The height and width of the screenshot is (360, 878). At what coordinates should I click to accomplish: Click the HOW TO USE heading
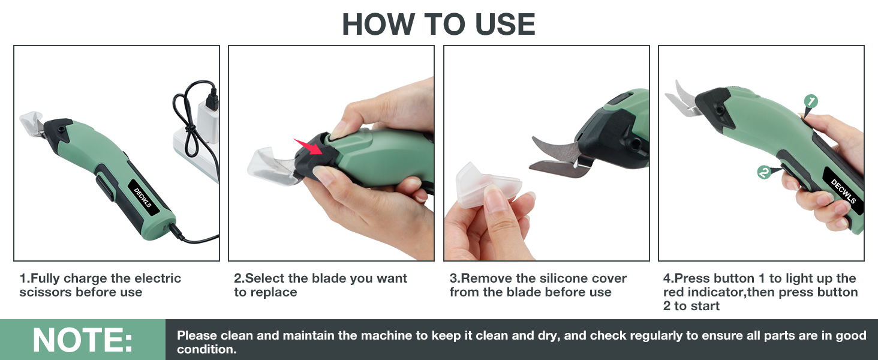[438, 24]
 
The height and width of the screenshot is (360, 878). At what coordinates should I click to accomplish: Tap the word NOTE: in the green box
[83, 340]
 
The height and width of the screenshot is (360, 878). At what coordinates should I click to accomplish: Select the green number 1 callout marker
[810, 101]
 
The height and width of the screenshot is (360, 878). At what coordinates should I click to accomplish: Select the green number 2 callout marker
[764, 172]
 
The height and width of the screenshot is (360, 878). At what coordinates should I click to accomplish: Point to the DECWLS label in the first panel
[143, 196]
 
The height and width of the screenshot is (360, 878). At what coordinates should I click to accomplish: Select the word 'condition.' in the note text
[206, 350]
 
